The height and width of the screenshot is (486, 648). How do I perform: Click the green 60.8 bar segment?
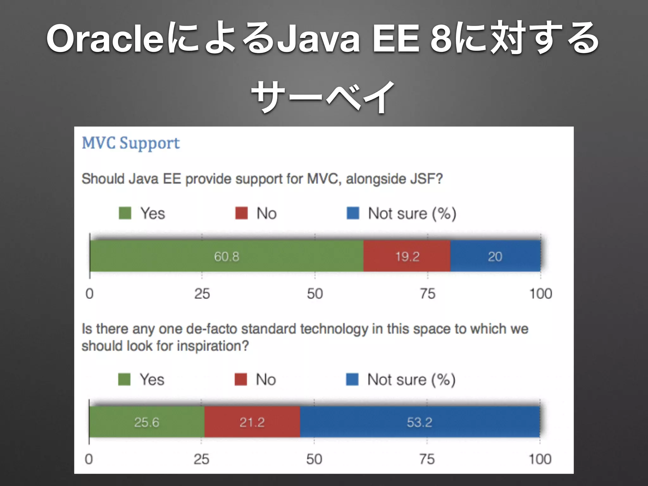click(227, 256)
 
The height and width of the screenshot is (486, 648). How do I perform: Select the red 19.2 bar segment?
click(407, 256)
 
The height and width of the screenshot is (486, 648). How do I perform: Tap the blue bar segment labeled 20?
click(495, 256)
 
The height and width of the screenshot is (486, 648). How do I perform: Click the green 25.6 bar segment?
click(146, 422)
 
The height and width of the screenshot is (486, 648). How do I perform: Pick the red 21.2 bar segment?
click(252, 422)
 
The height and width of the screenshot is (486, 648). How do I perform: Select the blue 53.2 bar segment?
click(420, 422)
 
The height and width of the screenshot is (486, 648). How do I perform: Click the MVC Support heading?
click(131, 143)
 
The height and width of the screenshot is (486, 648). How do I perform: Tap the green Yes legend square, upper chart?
click(125, 213)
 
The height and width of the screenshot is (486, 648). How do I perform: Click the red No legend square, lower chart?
click(241, 379)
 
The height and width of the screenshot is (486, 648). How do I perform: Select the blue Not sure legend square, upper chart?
click(353, 213)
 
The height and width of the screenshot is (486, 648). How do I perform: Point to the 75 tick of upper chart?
click(427, 294)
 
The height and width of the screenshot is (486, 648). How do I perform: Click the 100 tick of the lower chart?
click(540, 459)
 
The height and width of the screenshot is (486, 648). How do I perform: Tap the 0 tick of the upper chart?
click(90, 294)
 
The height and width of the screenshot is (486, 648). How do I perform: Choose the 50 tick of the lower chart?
click(314, 459)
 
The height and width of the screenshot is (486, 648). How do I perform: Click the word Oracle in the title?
click(105, 39)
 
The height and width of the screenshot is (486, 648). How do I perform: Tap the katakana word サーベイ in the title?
click(323, 97)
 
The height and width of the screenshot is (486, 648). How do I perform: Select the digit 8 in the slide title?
click(441, 39)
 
